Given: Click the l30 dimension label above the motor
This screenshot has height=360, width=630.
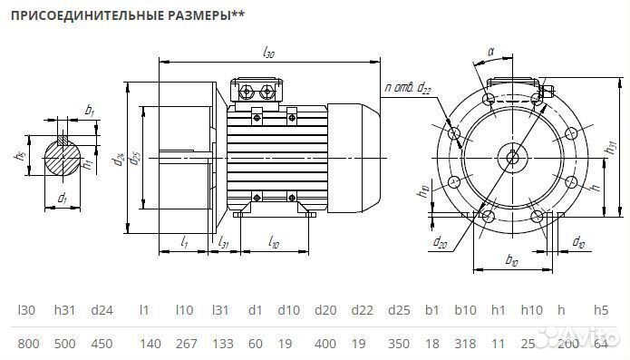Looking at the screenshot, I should (267, 54).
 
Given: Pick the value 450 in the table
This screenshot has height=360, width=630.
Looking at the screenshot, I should (102, 342).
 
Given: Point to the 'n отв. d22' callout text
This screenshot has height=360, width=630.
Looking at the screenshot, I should (409, 87).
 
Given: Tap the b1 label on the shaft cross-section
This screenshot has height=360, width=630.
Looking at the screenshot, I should (89, 111).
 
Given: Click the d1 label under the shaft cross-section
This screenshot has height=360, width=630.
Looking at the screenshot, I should (62, 199).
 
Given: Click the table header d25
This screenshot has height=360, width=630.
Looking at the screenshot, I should (400, 310).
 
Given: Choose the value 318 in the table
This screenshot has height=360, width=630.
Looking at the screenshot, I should (466, 342).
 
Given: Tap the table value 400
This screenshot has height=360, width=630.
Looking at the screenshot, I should (325, 342).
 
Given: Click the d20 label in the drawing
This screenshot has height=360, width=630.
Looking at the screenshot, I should (441, 243).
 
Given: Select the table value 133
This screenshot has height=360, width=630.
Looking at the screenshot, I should (220, 342).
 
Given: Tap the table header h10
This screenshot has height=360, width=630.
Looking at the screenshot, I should (531, 310).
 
